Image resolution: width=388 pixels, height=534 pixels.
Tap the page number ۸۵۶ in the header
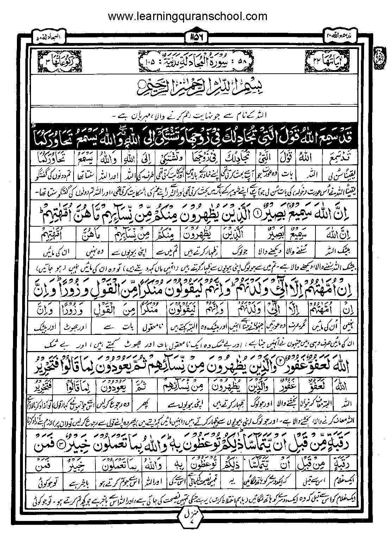(x=194, y=36)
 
